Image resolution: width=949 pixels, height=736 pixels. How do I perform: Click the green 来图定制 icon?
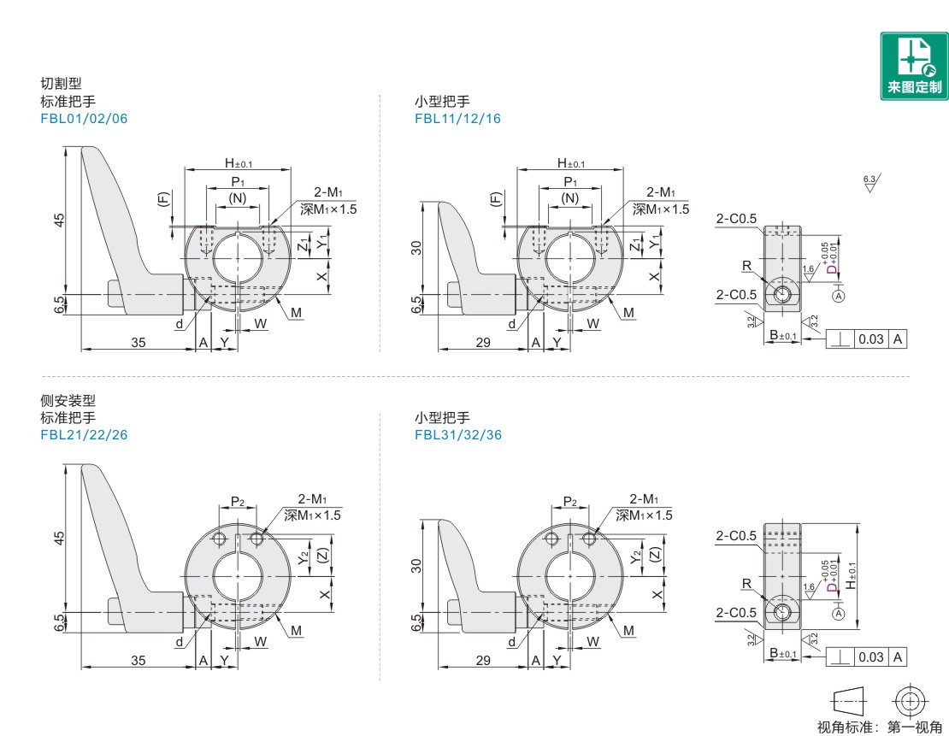(x=913, y=66)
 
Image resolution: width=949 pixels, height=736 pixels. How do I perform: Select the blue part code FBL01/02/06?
(x=84, y=119)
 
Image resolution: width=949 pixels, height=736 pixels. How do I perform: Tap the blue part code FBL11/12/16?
(x=457, y=119)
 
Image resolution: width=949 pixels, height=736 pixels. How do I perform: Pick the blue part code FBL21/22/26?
(x=84, y=434)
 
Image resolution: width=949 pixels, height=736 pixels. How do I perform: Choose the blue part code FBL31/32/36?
(x=457, y=434)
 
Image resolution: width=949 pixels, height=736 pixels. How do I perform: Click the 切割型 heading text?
(x=61, y=84)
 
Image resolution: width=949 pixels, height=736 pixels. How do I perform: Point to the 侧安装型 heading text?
(x=68, y=400)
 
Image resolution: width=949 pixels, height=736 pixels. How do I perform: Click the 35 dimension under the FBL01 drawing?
(x=139, y=342)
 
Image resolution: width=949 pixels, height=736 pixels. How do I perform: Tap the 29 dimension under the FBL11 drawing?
(x=481, y=342)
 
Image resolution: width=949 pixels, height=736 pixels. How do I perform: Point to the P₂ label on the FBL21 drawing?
(x=239, y=502)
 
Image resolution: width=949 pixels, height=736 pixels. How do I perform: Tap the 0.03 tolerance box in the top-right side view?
(x=871, y=339)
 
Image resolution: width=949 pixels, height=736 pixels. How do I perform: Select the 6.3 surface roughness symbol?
(x=871, y=182)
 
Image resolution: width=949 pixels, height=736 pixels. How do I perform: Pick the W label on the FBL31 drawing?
(x=594, y=640)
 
